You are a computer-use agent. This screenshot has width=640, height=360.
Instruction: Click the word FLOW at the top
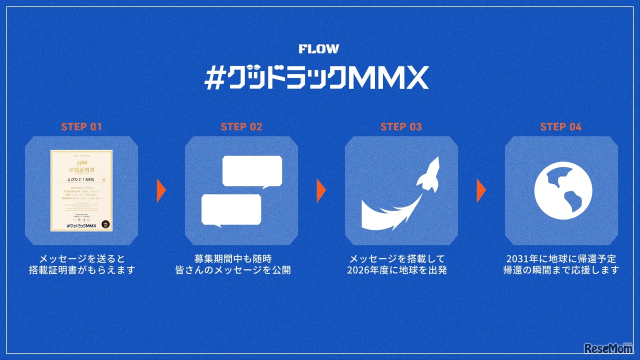318,49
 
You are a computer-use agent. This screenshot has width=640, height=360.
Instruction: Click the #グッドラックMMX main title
316,78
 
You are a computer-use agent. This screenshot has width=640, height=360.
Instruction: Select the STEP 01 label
81,126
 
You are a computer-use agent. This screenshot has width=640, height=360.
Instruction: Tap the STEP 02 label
241,126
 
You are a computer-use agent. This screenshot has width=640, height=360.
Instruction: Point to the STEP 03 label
401,126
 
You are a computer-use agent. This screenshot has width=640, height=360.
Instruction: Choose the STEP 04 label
561,126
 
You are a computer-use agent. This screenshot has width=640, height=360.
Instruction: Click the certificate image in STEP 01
81,190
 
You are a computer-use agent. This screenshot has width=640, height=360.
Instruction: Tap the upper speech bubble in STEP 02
252,171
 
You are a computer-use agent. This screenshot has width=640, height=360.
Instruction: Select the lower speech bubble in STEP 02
231,209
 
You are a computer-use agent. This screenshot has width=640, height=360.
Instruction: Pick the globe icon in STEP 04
561,190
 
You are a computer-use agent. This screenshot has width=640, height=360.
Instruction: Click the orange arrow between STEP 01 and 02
161,190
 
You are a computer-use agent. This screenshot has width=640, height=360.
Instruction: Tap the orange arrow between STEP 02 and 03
321,190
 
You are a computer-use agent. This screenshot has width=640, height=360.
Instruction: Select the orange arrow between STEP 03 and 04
481,190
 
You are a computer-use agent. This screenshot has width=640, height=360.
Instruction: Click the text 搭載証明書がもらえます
81,270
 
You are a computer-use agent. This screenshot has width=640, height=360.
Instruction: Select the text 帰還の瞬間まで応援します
561,270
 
